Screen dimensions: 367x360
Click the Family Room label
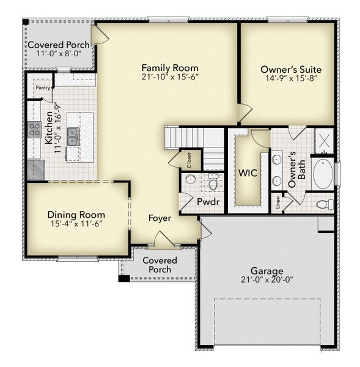click(169, 67)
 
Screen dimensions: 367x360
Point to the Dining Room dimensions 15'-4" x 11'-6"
click(76, 224)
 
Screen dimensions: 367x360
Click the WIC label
click(248, 173)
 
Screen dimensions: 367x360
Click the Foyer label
click(160, 218)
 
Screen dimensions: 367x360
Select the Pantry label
click(43, 87)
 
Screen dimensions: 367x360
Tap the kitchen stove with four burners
click(34, 129)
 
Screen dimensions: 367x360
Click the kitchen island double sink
click(73, 136)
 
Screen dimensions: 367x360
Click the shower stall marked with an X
click(323, 141)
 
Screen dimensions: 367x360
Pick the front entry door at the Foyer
click(163, 241)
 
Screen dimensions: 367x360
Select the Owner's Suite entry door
click(244, 113)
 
